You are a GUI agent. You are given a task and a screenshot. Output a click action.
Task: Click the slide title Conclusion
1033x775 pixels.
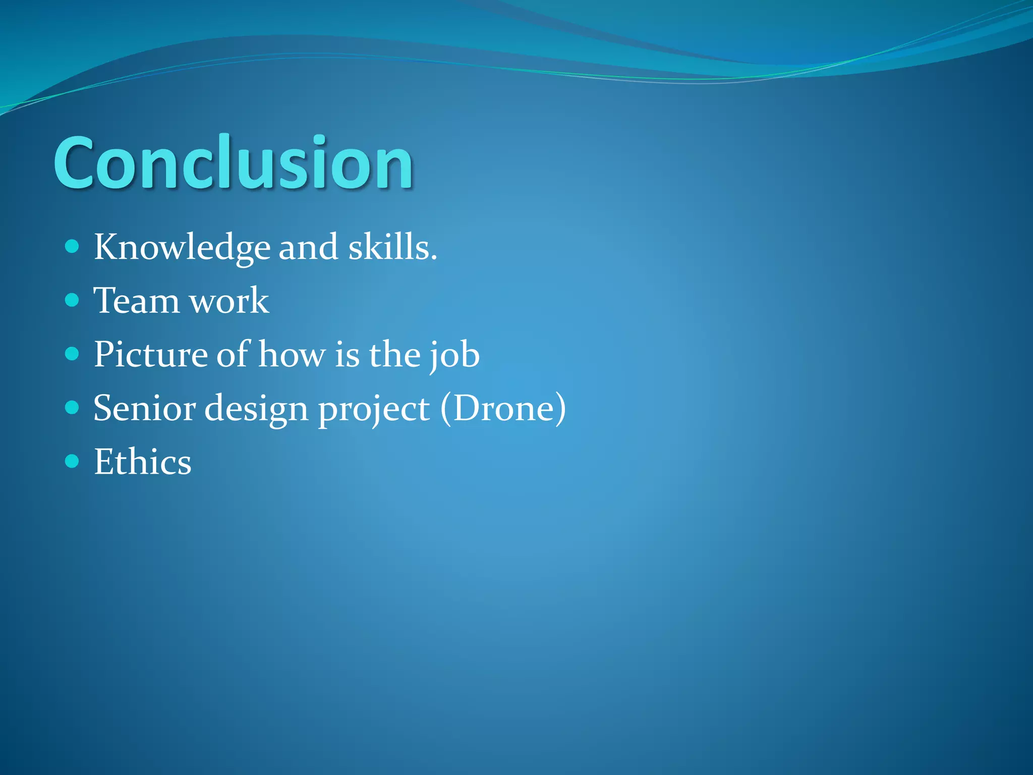(233, 163)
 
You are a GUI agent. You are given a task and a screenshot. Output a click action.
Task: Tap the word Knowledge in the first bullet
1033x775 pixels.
(182, 247)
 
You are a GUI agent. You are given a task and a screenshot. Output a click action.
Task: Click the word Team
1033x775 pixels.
(136, 301)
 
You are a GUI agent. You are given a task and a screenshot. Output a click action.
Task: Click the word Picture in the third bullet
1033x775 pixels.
(150, 354)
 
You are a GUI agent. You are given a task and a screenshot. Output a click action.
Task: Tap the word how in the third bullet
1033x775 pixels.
(292, 354)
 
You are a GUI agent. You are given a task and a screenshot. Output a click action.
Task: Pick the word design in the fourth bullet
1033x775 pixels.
(256, 409)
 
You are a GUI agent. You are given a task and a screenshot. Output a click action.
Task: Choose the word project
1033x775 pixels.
(374, 409)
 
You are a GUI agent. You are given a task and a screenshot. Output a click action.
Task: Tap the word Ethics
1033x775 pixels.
(143, 462)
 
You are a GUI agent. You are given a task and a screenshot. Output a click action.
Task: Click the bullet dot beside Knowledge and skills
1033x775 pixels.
(73, 247)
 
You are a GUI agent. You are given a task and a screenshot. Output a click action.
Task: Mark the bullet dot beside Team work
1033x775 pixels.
(73, 300)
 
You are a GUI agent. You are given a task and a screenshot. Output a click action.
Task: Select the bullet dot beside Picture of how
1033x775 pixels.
(73, 354)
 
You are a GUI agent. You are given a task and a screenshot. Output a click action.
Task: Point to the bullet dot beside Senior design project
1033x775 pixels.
(73, 407)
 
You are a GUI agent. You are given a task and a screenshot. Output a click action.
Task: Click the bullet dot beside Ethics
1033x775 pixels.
(73, 461)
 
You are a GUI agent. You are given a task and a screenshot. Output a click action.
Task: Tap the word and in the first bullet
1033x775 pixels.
(308, 247)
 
